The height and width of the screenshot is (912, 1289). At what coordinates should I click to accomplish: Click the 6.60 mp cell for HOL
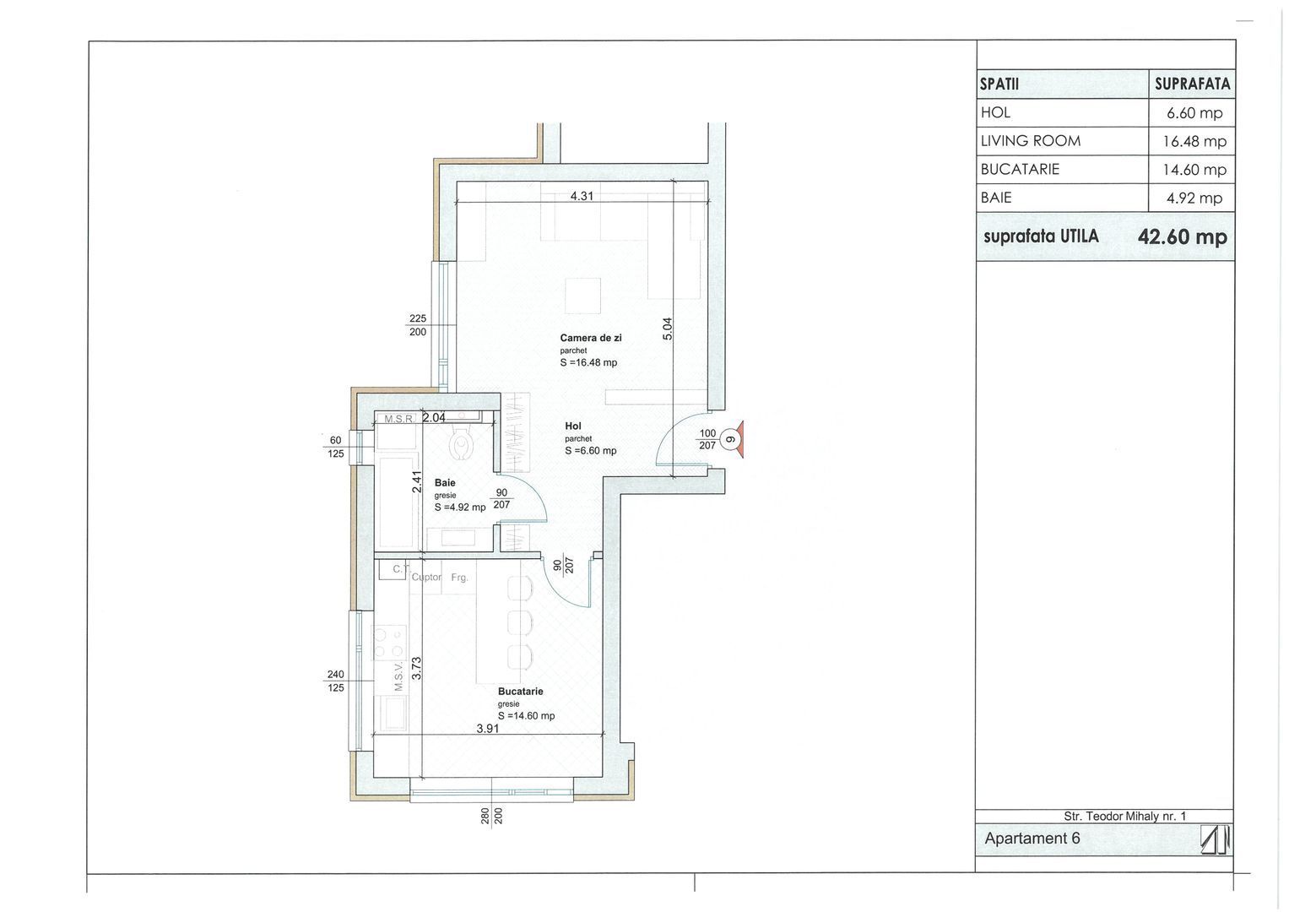pos(1194,113)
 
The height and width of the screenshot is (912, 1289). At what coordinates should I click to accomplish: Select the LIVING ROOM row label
pos(1031,141)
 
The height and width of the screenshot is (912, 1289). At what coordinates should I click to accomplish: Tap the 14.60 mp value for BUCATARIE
pos(1194,170)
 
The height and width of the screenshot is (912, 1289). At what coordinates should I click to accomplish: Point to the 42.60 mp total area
pos(1182,236)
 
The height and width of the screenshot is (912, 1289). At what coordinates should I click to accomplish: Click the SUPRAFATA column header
pos(1192,84)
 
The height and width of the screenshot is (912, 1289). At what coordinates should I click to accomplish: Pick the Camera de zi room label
pos(590,338)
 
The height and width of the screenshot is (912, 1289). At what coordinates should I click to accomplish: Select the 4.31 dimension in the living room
pos(582,196)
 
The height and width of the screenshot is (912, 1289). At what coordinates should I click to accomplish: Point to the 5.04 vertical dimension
pos(667,328)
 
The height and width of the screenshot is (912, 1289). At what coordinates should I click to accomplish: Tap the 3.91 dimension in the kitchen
pos(487,728)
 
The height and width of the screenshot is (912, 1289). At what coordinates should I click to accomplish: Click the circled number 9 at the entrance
pos(730,439)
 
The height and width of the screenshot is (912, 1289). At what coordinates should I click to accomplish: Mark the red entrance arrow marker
pos(740,440)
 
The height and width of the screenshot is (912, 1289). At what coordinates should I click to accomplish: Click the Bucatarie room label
pos(520,691)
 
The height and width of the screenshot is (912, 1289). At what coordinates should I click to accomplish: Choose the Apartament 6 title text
pos(1032,839)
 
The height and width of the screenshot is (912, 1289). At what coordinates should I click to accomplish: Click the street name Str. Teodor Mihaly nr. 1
pos(1125,816)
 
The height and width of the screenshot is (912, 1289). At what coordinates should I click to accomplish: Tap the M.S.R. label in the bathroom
pos(398,419)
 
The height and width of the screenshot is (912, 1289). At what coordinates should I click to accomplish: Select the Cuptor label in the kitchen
pos(426,577)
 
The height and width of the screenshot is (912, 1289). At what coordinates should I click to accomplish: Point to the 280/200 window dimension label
pos(492,816)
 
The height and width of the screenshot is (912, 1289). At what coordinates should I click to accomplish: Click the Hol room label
pos(573,426)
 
